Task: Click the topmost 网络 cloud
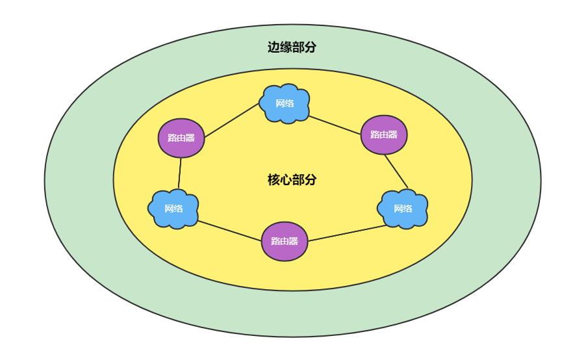(285, 103)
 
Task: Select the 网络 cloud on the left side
(173, 209)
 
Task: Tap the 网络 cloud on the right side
(403, 209)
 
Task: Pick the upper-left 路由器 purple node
(181, 137)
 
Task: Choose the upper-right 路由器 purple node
(383, 135)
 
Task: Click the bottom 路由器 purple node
(284, 241)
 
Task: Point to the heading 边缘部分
(292, 47)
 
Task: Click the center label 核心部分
(292, 180)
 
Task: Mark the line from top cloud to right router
(335, 125)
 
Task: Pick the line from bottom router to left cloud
(229, 231)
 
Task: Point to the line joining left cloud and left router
(180, 173)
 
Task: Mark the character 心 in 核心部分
(286, 180)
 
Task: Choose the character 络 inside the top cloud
(289, 103)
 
